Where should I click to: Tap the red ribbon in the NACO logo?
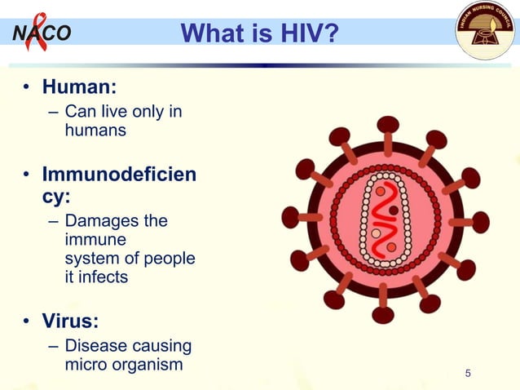[35, 31]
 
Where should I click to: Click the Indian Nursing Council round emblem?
[487, 31]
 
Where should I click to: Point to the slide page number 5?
[468, 374]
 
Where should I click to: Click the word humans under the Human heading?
[95, 130]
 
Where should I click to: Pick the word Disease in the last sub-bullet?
[96, 346]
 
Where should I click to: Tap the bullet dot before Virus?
[26, 321]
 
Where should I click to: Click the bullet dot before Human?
[26, 86]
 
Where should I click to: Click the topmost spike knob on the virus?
[388, 125]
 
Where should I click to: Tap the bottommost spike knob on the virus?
[383, 314]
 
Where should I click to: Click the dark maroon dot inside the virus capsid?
[394, 211]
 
